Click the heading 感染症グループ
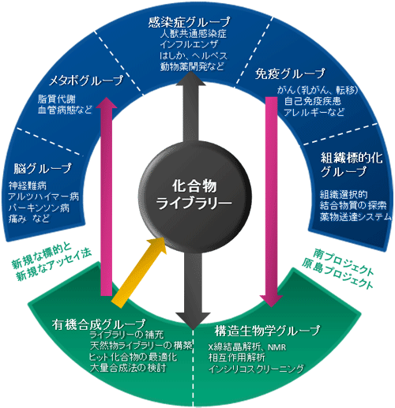(x=189, y=22)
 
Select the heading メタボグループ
(x=86, y=80)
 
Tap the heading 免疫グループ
(x=290, y=73)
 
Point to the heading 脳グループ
(x=43, y=168)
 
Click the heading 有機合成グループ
(x=99, y=324)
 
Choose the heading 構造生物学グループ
(x=267, y=331)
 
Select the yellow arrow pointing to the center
(x=139, y=272)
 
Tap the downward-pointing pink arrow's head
(x=271, y=301)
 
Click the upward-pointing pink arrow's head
(x=107, y=103)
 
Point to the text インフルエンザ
(x=189, y=44)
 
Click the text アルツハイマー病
(x=43, y=197)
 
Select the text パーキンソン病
(x=39, y=208)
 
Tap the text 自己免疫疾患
(x=313, y=101)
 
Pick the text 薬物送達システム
(x=355, y=217)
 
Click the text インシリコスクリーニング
(x=256, y=369)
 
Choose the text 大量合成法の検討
(x=128, y=368)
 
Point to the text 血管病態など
(x=65, y=110)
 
